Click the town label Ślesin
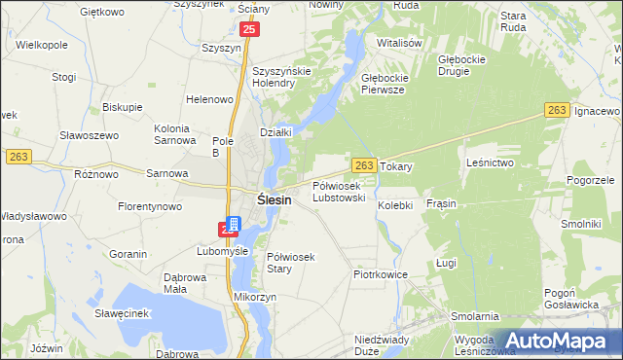pyautogui.click(x=275, y=199)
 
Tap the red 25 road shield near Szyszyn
pyautogui.click(x=250, y=31)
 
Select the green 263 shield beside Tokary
pyautogui.click(x=364, y=166)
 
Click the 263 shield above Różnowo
pyautogui.click(x=18, y=157)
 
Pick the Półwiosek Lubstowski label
pyautogui.click(x=339, y=191)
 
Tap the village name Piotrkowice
pyautogui.click(x=380, y=275)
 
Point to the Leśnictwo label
pyautogui.click(x=490, y=162)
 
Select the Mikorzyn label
pyautogui.click(x=256, y=295)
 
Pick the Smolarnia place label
pyautogui.click(x=474, y=316)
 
